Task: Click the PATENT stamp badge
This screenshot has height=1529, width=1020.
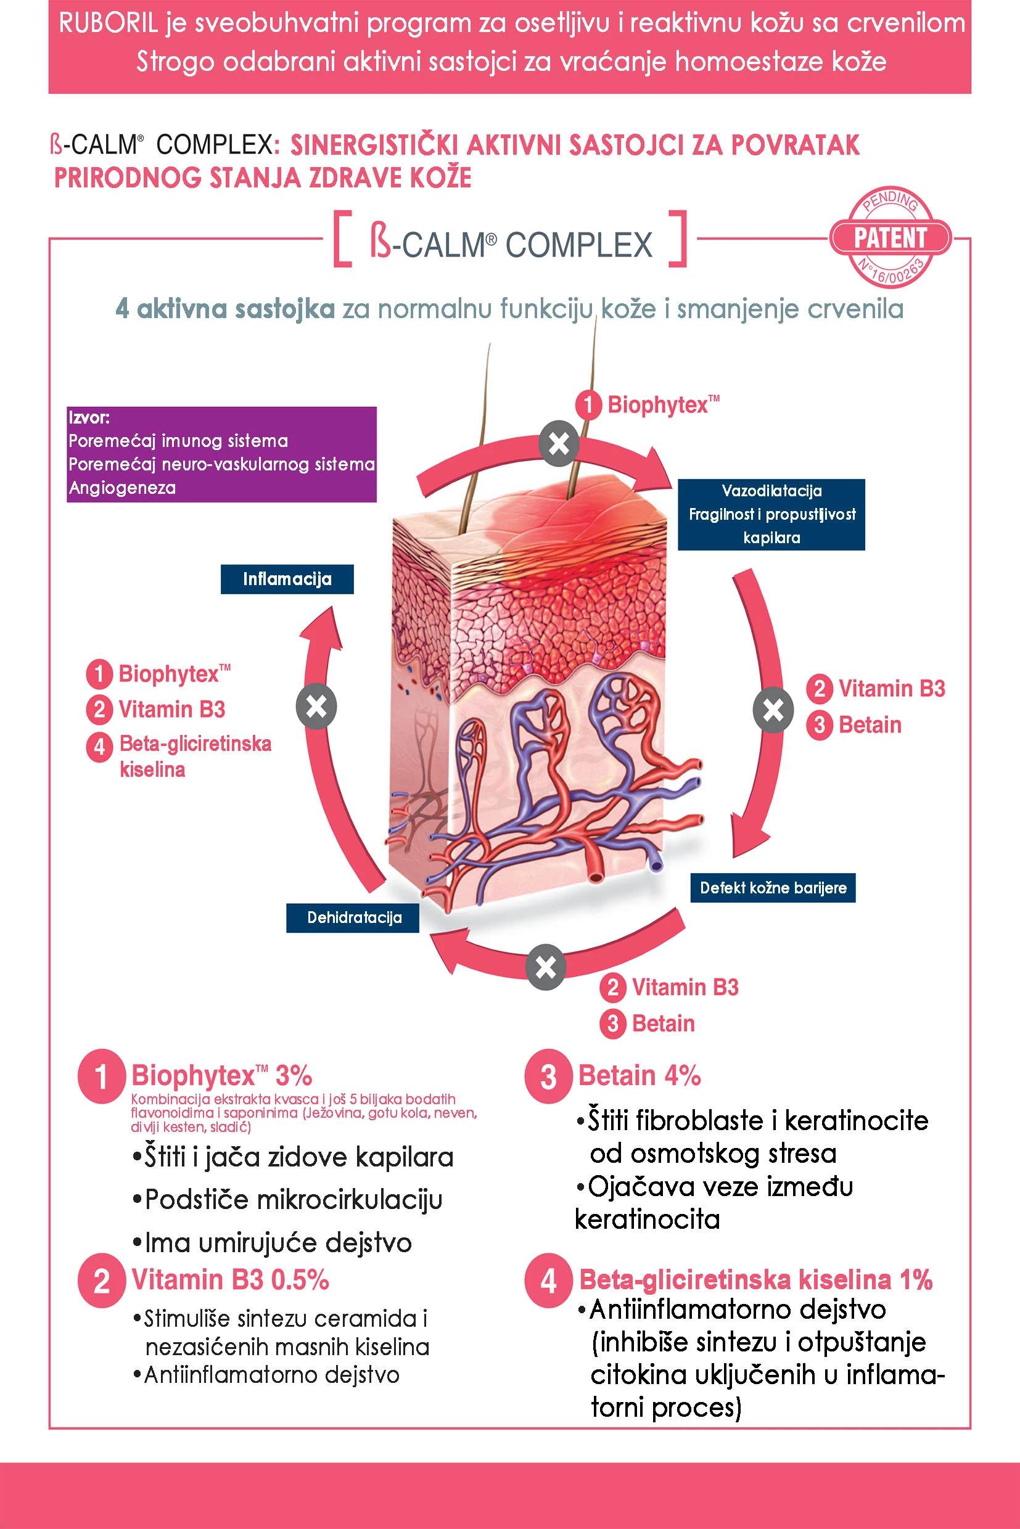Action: tap(890, 237)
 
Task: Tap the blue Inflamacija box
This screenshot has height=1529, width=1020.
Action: tap(287, 579)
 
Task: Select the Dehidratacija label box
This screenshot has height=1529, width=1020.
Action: tap(353, 917)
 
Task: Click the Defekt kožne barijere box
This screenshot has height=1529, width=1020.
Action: tap(773, 888)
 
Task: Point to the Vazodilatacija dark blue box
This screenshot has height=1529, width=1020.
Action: tap(771, 514)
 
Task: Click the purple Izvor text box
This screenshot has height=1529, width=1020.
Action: tap(221, 454)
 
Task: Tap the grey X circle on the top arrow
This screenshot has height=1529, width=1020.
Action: tap(559, 444)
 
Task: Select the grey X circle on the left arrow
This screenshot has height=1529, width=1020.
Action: tap(316, 707)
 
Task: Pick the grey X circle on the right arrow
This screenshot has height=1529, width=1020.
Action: tap(773, 710)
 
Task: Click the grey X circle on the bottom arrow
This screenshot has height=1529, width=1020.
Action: tap(546, 967)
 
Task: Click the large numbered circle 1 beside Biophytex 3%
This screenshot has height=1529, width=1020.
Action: tap(102, 1076)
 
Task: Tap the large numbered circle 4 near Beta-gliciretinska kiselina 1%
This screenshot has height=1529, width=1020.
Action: tap(548, 1281)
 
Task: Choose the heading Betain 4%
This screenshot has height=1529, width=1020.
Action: tap(640, 1076)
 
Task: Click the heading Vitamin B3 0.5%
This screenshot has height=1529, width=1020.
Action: tap(230, 1279)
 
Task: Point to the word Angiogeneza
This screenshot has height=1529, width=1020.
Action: tap(122, 488)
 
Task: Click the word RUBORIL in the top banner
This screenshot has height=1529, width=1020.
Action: tap(108, 23)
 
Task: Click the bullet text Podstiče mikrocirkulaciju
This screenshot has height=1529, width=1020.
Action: tap(294, 1199)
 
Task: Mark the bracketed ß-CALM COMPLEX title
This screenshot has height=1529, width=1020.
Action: tap(511, 245)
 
